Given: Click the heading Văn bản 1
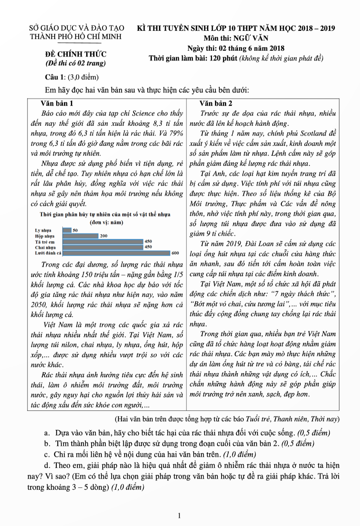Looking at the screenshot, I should coord(57,103).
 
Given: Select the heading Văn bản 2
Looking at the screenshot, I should coord(216,103).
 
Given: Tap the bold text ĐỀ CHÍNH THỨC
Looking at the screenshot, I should coord(76,54).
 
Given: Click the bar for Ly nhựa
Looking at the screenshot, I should coord(67,230).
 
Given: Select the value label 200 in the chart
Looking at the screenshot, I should coord(103,236).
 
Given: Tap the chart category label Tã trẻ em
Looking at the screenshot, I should coord(45,242).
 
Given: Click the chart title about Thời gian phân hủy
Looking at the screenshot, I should coord(105,214).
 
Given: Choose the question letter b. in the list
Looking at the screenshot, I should coord(47,444).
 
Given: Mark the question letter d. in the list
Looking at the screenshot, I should coord(47,465).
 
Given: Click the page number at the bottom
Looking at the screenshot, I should coord(180,516).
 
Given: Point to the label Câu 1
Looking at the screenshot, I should coord(55,77).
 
